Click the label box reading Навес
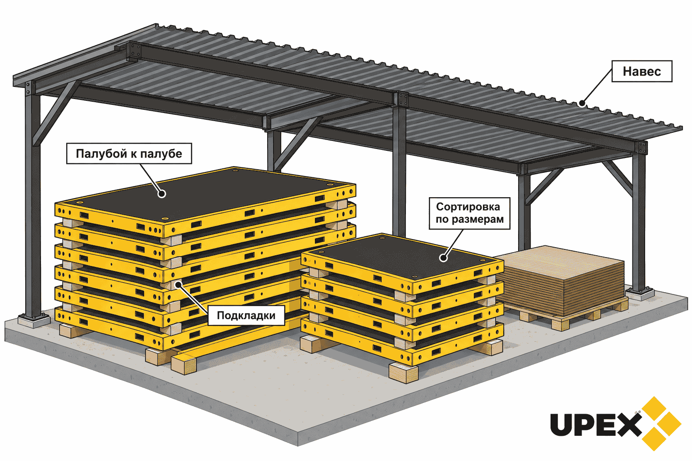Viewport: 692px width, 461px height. (x=642, y=71)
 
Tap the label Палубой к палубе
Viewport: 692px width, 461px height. (x=129, y=154)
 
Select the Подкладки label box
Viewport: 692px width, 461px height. (x=246, y=315)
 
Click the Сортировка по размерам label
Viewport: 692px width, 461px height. (x=469, y=213)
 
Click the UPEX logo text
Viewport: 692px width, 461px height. (x=596, y=425)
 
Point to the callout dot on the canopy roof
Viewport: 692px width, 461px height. (x=582, y=103)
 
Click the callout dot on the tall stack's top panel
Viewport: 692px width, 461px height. (x=162, y=194)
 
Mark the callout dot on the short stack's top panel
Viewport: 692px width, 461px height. (x=443, y=258)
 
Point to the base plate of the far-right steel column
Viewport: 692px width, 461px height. (x=639, y=294)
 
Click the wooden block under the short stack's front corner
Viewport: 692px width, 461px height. (x=403, y=373)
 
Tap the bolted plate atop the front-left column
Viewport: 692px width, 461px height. (x=28, y=88)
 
